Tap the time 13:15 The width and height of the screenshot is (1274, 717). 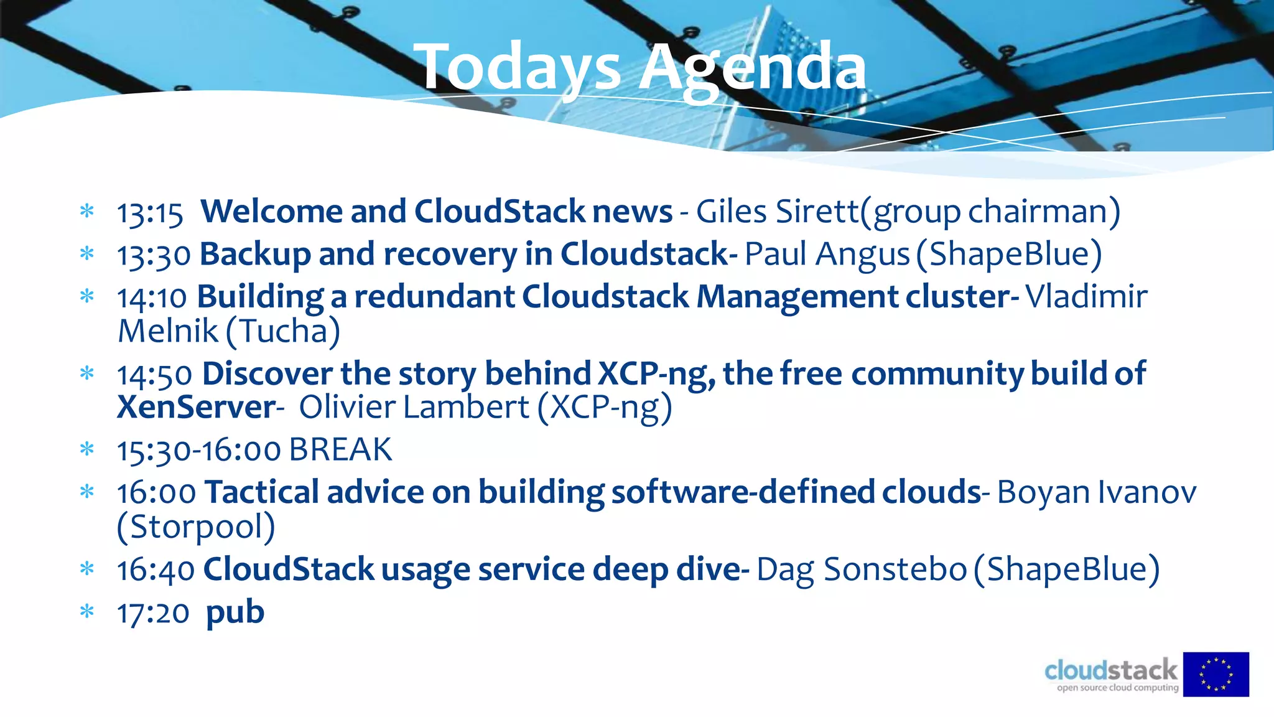150,213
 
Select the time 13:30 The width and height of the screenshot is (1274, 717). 154,256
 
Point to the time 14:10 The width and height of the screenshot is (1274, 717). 152,298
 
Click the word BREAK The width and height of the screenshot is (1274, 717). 340,450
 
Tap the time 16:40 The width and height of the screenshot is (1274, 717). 156,570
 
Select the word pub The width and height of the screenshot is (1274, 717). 235,613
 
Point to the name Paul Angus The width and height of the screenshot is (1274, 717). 827,255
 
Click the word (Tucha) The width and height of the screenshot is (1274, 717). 282,331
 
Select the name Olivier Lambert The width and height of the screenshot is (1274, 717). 414,408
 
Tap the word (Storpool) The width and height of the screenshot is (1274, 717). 196,527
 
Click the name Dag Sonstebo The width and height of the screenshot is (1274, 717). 861,569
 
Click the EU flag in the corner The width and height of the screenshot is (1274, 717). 1216,674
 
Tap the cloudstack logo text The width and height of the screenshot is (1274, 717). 1111,671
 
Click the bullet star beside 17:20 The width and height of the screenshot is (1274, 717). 87,612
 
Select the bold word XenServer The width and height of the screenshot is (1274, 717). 196,408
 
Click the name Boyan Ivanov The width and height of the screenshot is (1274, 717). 1096,492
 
